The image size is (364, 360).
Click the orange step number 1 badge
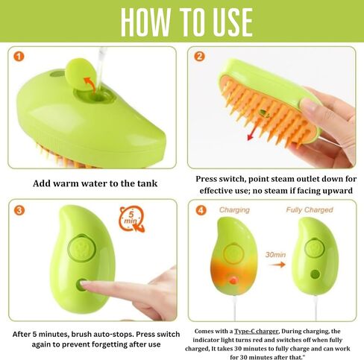click(x=19, y=57)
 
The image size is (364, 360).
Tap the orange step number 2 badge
click(x=199, y=57)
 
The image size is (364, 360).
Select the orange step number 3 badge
click(x=19, y=211)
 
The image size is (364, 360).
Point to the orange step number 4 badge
click(x=201, y=211)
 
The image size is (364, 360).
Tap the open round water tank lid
click(x=81, y=74)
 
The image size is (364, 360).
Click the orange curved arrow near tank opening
click(x=90, y=85)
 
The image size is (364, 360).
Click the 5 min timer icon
click(x=132, y=218)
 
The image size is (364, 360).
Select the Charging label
click(x=234, y=210)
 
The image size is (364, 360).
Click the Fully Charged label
click(x=310, y=210)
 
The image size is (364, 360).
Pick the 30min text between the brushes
click(x=275, y=255)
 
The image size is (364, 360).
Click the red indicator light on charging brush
click(x=233, y=280)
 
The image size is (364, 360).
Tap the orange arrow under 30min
click(x=277, y=265)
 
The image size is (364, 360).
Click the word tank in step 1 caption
click(x=148, y=183)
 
